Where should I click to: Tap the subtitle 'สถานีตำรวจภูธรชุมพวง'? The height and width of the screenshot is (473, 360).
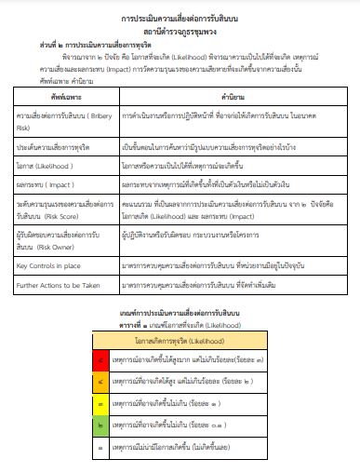tap(180, 32)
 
